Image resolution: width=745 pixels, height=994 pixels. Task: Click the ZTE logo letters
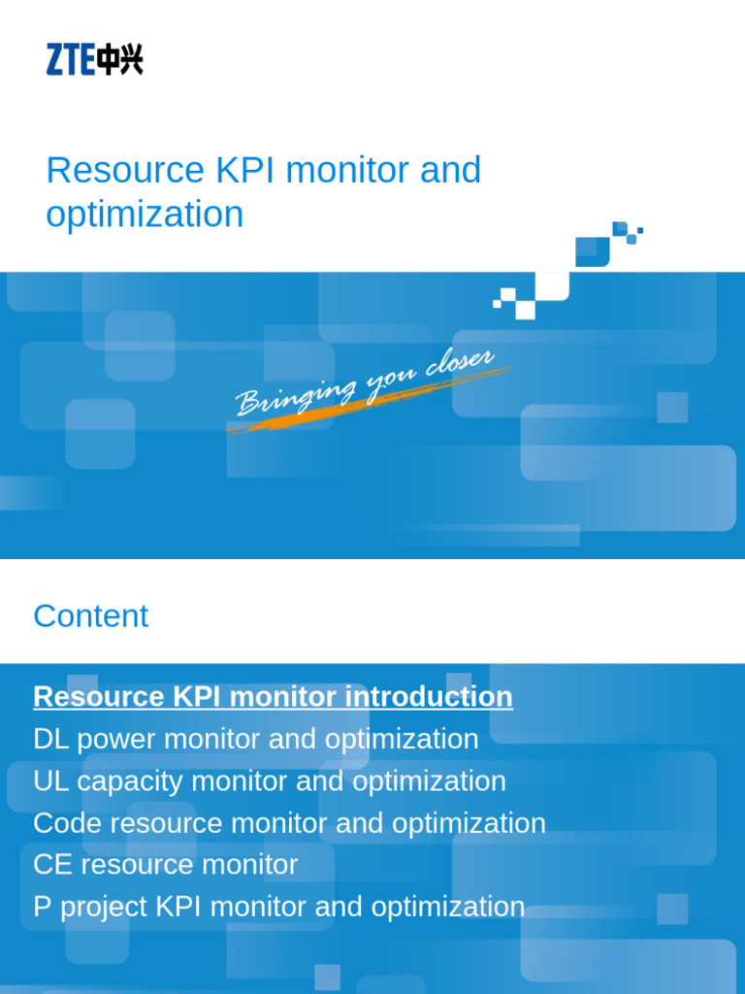click(x=70, y=60)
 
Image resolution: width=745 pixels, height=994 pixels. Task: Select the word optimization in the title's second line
click(x=145, y=214)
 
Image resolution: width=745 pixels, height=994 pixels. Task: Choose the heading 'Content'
click(x=90, y=615)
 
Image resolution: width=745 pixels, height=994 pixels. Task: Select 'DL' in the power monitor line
click(x=49, y=739)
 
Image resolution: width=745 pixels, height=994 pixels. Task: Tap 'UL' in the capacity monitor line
click(x=49, y=780)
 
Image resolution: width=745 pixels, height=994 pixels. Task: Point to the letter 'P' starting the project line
click(x=41, y=907)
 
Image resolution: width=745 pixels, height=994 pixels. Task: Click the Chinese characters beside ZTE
click(x=119, y=60)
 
